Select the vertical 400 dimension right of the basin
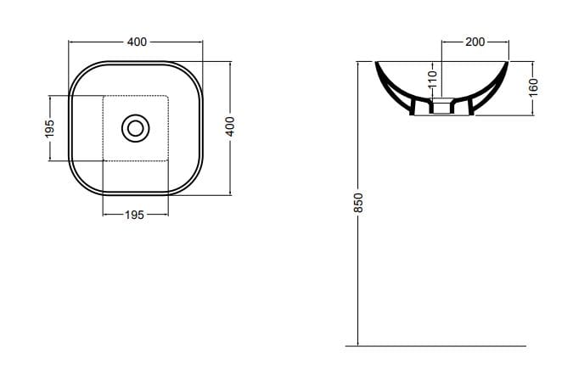pos(229,128)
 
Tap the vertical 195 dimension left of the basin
pos(50,128)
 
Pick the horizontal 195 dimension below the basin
pos(134,215)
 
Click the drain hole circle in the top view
pos(135,128)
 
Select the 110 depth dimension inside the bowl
pos(432,81)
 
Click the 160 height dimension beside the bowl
pos(534,87)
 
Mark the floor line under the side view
pos(435,346)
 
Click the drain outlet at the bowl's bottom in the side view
pos(441,107)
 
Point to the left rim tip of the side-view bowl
pos(376,62)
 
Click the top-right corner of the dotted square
pos(168,96)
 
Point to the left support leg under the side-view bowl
pos(415,106)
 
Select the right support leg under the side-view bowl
pos(469,106)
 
